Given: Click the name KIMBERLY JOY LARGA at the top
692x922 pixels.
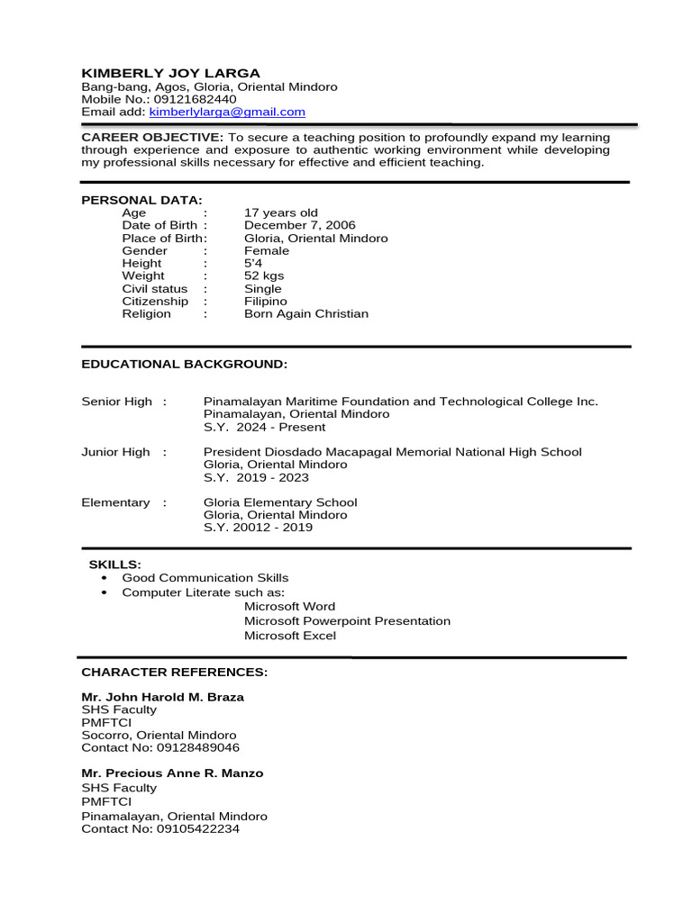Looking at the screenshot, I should [170, 73].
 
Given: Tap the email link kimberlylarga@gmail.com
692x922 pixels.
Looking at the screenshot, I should [227, 113].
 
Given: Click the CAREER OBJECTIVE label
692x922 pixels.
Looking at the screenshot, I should [152, 138].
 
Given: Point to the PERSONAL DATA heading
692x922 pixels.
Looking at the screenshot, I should [141, 200].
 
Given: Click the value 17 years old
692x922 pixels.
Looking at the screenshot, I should [281, 213].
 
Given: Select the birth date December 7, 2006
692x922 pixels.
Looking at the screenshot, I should [300, 226].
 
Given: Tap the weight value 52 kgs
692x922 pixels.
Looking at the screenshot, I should [264, 276].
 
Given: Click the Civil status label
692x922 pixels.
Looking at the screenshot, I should [155, 289].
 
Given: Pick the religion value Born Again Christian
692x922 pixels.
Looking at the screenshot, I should [306, 314].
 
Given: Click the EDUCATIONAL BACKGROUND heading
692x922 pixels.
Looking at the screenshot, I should [184, 364].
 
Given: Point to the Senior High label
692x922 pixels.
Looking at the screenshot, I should [117, 402].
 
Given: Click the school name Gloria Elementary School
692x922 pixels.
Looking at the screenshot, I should [280, 502].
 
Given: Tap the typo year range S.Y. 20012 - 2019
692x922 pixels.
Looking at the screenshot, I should [259, 528].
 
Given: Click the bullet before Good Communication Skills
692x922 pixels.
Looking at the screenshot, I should [105, 578].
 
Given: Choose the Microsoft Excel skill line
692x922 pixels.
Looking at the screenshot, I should [290, 636].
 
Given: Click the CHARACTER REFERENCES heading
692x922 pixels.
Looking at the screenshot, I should [174, 673].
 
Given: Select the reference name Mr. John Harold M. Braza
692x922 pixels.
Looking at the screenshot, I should [162, 697].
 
